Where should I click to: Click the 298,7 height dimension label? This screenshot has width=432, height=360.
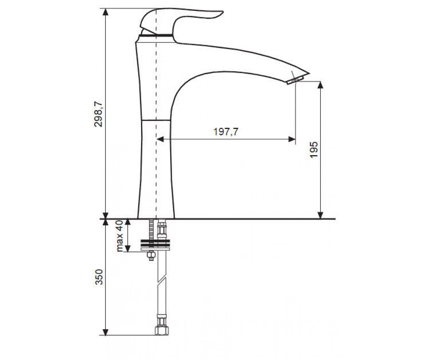[98, 114]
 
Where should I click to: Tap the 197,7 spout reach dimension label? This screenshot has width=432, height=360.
[226, 132]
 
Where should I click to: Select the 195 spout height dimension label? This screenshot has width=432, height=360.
[314, 150]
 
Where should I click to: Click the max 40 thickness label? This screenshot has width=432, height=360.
[120, 236]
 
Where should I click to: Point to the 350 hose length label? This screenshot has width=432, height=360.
[99, 277]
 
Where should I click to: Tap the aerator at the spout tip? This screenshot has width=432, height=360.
[294, 80]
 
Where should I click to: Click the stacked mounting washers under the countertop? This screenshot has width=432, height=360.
[156, 245]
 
